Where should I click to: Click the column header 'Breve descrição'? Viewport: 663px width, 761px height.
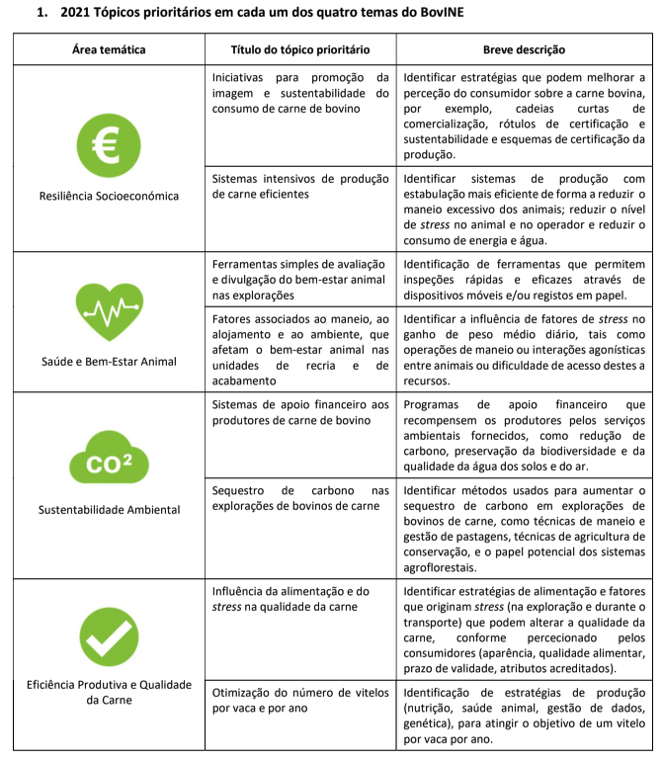(524, 49)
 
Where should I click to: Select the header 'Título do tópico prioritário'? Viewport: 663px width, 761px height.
(300, 49)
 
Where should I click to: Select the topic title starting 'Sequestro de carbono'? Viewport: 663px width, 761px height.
(300, 497)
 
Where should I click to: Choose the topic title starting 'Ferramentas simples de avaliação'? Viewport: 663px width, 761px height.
(300, 281)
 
